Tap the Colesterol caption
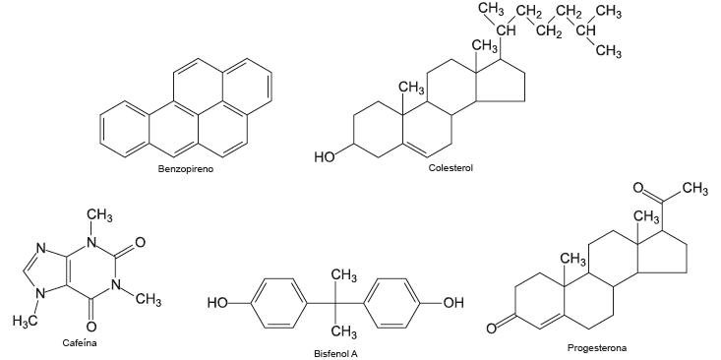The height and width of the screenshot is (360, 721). pyautogui.click(x=451, y=168)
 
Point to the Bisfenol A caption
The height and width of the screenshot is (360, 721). pyautogui.click(x=335, y=352)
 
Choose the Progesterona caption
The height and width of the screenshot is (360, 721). pyautogui.click(x=596, y=347)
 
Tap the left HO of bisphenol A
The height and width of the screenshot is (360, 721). pyautogui.click(x=218, y=302)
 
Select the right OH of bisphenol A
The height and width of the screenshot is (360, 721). pyautogui.click(x=452, y=302)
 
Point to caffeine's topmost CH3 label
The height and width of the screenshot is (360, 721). pyautogui.click(x=99, y=216)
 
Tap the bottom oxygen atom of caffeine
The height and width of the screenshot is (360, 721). pyautogui.click(x=90, y=326)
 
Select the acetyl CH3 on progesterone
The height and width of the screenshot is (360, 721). pyautogui.click(x=692, y=189)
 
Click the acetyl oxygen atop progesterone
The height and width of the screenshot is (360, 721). pyautogui.click(x=638, y=187)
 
